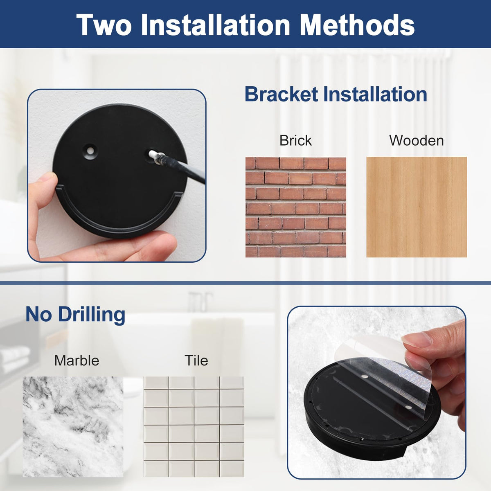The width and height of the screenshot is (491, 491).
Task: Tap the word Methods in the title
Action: click(357, 25)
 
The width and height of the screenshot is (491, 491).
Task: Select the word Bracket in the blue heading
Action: click(281, 94)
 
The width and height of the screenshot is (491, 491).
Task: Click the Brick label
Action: click(295, 140)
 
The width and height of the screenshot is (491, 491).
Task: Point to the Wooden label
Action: click(417, 140)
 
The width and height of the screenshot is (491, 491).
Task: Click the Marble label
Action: click(77, 360)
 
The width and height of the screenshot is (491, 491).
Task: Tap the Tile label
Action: click(196, 360)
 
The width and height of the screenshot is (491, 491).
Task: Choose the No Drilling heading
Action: click(75, 315)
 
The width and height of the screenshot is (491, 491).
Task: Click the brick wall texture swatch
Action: click(295, 207)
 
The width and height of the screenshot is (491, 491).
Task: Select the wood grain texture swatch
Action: click(417, 207)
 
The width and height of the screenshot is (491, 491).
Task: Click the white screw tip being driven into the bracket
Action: click(153, 154)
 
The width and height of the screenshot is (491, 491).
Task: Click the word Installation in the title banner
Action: click(215, 25)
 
